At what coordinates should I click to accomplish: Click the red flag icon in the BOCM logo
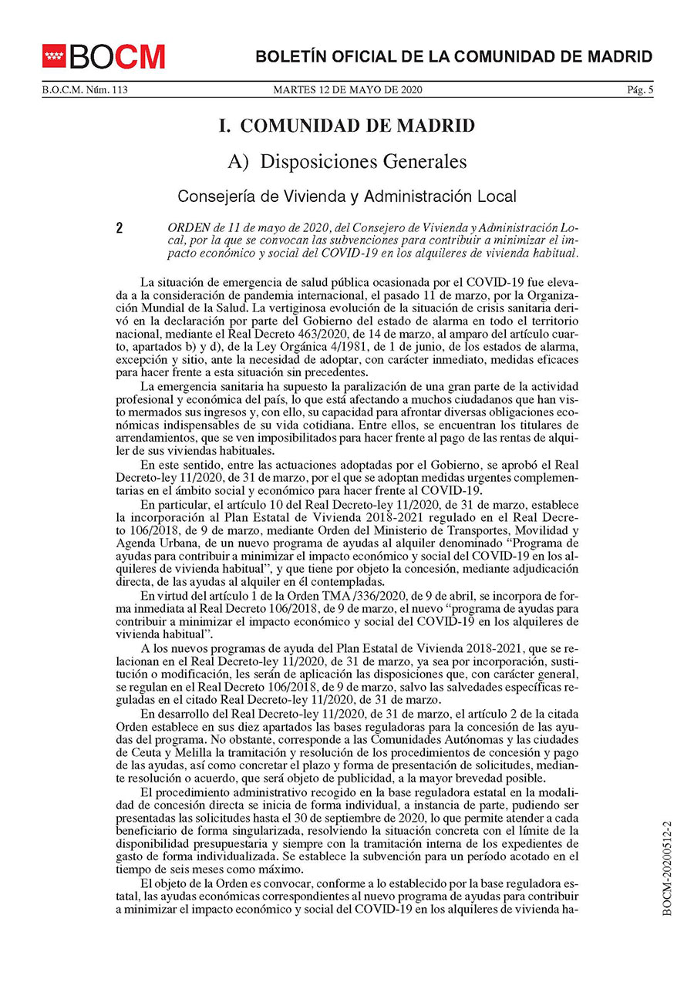tap(55, 56)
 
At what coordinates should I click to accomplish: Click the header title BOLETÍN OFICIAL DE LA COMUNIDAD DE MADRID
tap(454, 56)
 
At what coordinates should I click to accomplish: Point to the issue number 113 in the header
tap(119, 90)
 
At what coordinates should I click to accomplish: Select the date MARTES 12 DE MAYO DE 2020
tap(348, 90)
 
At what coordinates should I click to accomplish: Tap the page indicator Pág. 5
tap(640, 90)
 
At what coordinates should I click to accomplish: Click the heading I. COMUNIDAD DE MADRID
tap(347, 126)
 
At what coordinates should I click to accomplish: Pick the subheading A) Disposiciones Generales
tap(347, 161)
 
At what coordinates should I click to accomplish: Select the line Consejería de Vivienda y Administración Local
tap(347, 196)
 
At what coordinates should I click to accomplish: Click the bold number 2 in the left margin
tap(120, 229)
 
